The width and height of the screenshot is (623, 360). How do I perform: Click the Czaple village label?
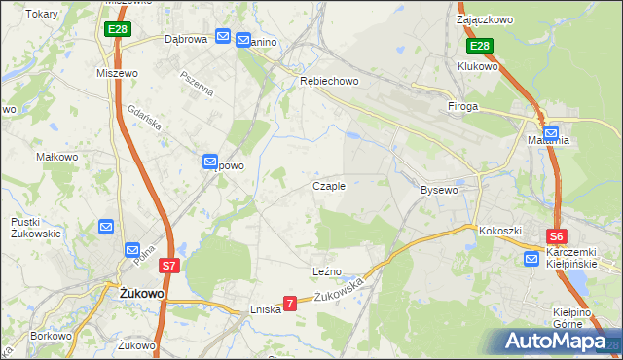click(328, 186)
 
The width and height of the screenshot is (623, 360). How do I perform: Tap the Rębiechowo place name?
click(328, 82)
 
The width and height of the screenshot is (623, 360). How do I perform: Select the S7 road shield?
click(168, 265)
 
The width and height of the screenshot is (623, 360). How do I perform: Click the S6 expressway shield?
click(556, 235)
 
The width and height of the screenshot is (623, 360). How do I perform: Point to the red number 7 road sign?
click(289, 305)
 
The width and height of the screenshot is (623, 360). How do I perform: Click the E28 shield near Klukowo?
click(479, 46)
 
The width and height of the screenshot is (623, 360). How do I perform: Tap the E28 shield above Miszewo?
click(118, 30)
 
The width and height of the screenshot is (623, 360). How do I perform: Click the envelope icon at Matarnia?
click(551, 133)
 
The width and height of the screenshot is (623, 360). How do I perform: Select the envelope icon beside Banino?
click(223, 37)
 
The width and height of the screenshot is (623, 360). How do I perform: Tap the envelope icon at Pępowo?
click(210, 162)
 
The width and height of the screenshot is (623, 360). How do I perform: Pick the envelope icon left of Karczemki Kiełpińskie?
click(531, 259)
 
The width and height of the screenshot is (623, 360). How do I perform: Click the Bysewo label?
click(439, 190)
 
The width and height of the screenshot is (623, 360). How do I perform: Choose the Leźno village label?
click(326, 271)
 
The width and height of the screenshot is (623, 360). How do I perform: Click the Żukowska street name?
click(340, 289)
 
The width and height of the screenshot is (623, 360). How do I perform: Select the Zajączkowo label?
click(484, 18)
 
